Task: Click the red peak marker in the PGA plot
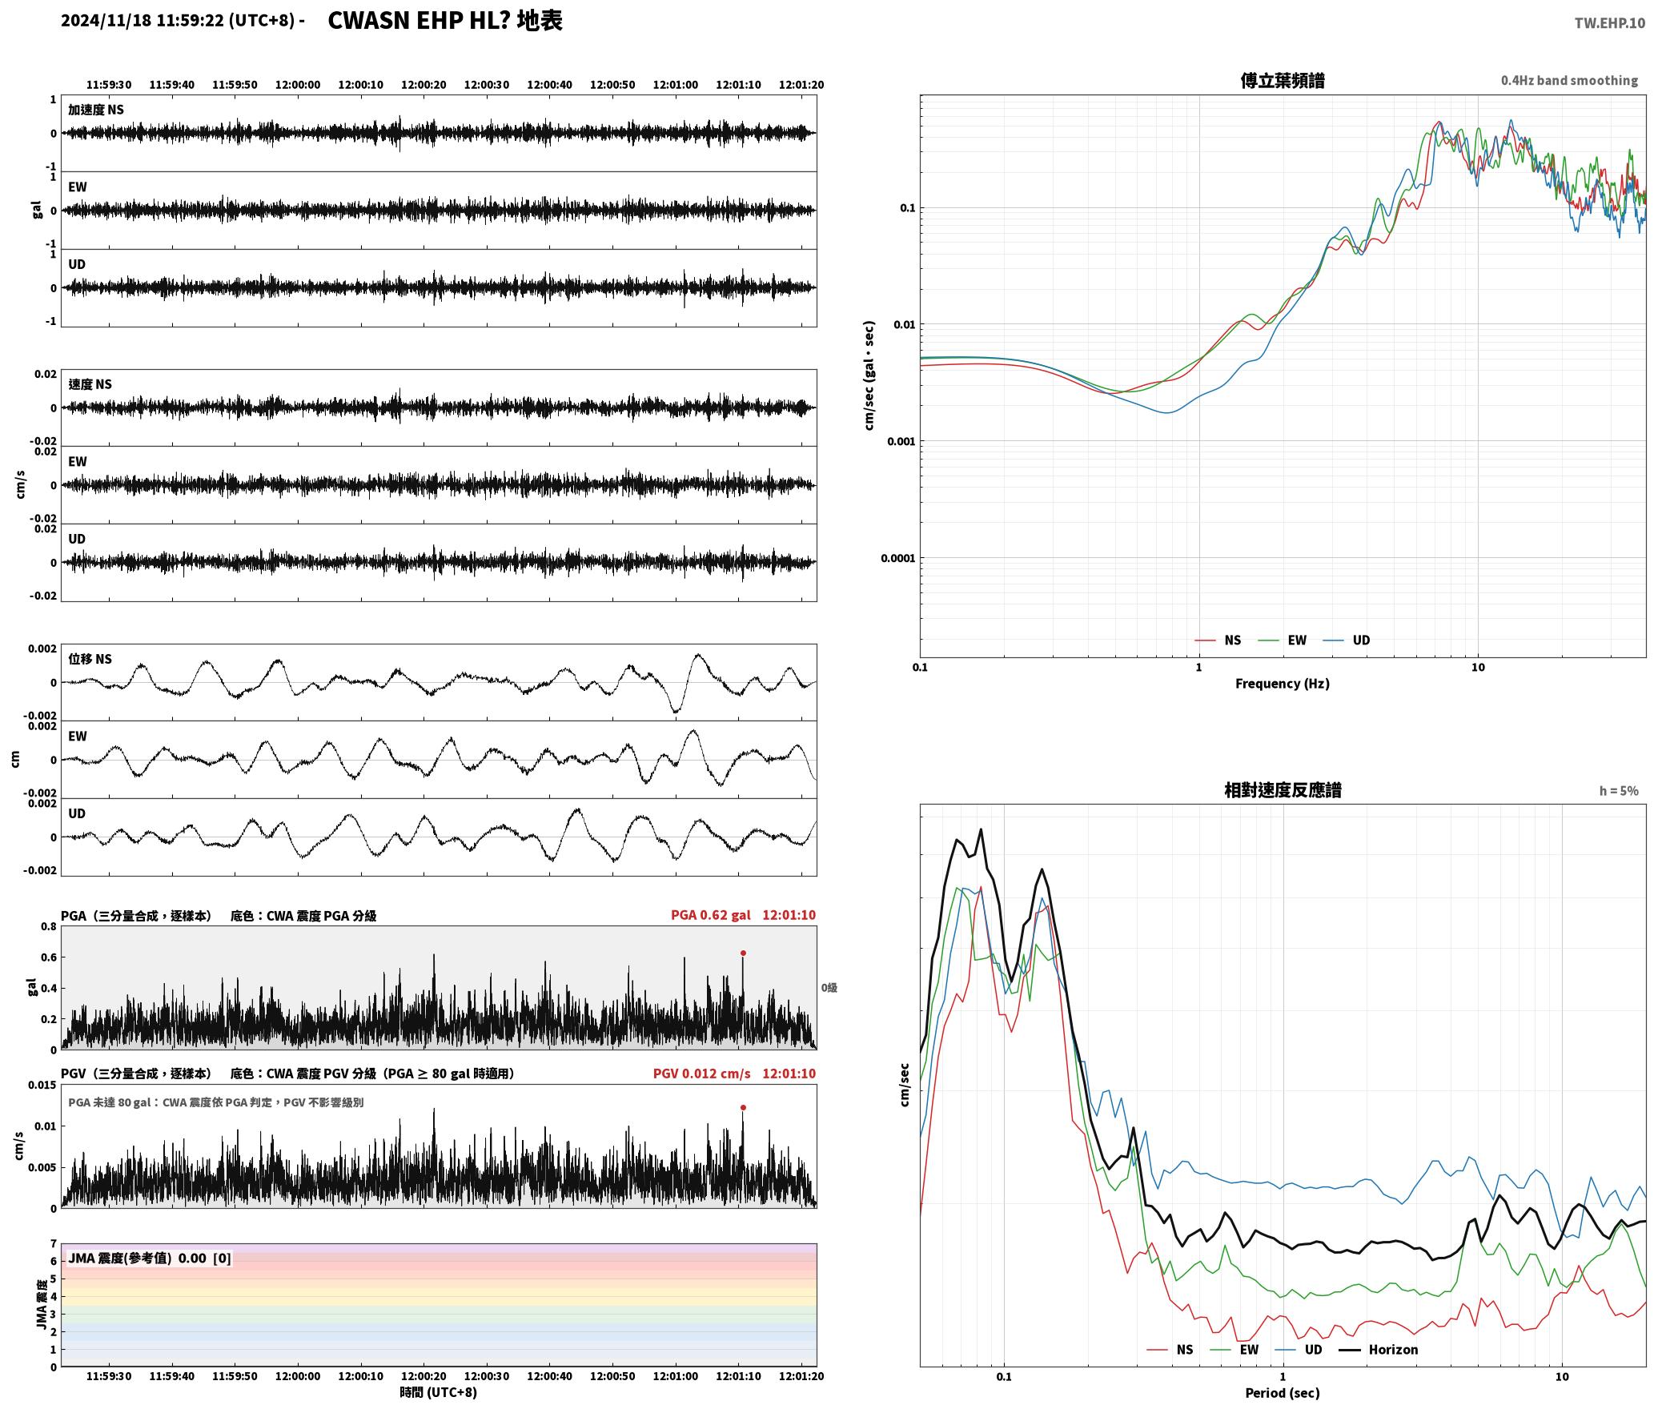743,953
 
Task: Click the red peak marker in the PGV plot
743,1107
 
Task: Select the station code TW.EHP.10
1609,23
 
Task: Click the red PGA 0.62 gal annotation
711,915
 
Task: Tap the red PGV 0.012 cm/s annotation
702,1074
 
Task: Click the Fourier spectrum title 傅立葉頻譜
1283,80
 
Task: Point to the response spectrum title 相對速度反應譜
1283,790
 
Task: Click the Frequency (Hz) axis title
1283,683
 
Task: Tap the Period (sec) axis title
1283,1393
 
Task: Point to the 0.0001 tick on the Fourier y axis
897,558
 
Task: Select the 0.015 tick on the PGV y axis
42,1085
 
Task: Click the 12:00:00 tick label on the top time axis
298,85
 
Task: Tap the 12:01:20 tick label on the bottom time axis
801,1376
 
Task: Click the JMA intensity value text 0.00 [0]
204,1258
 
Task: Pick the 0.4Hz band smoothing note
1569,80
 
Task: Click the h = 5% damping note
1619,791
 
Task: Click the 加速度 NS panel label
96,110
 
